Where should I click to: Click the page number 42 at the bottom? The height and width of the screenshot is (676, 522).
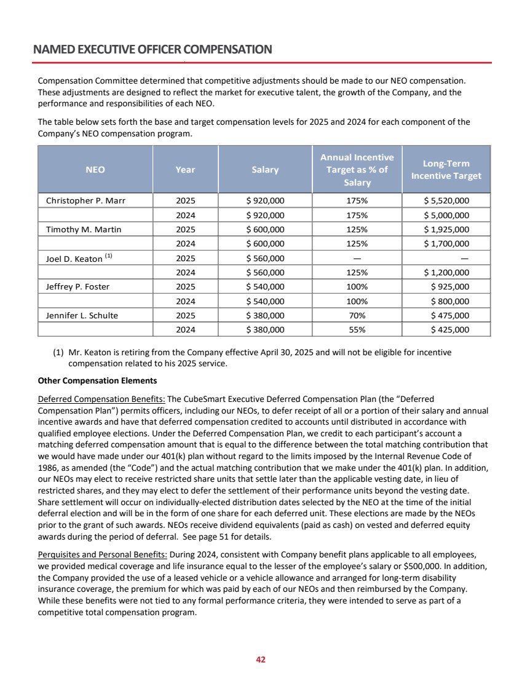[x=261, y=659]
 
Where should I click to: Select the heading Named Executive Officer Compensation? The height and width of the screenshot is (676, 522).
[x=152, y=49]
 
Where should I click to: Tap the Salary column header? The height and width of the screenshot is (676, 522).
[x=265, y=170]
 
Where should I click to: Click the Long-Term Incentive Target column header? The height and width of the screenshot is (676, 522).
[x=446, y=170]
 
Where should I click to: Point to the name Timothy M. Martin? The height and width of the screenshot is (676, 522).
[x=84, y=230]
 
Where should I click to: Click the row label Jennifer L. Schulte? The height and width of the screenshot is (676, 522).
[x=82, y=316]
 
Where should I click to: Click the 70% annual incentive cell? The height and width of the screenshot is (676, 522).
[x=357, y=316]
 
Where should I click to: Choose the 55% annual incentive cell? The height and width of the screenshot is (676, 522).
[x=357, y=330]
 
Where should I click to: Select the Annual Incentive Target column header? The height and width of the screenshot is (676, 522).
[x=357, y=170]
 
